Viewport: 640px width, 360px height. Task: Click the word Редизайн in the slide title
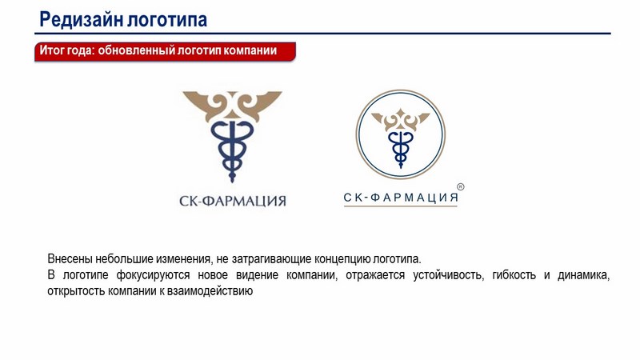pos(81,19)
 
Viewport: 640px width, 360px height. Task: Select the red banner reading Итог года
pos(165,51)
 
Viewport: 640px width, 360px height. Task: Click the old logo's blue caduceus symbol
pos(232,150)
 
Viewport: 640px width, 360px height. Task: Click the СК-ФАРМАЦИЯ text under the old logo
pos(233,201)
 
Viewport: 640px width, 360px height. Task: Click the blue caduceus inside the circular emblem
pos(401,148)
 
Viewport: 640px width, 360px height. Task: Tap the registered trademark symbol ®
pos(461,187)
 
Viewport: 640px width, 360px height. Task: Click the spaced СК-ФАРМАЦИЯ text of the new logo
pos(401,198)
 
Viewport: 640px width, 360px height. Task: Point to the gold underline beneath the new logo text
pos(401,206)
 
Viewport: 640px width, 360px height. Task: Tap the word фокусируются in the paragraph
pos(153,275)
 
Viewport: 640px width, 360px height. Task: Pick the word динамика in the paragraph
pos(584,275)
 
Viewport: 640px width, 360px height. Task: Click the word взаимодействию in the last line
pos(210,291)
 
